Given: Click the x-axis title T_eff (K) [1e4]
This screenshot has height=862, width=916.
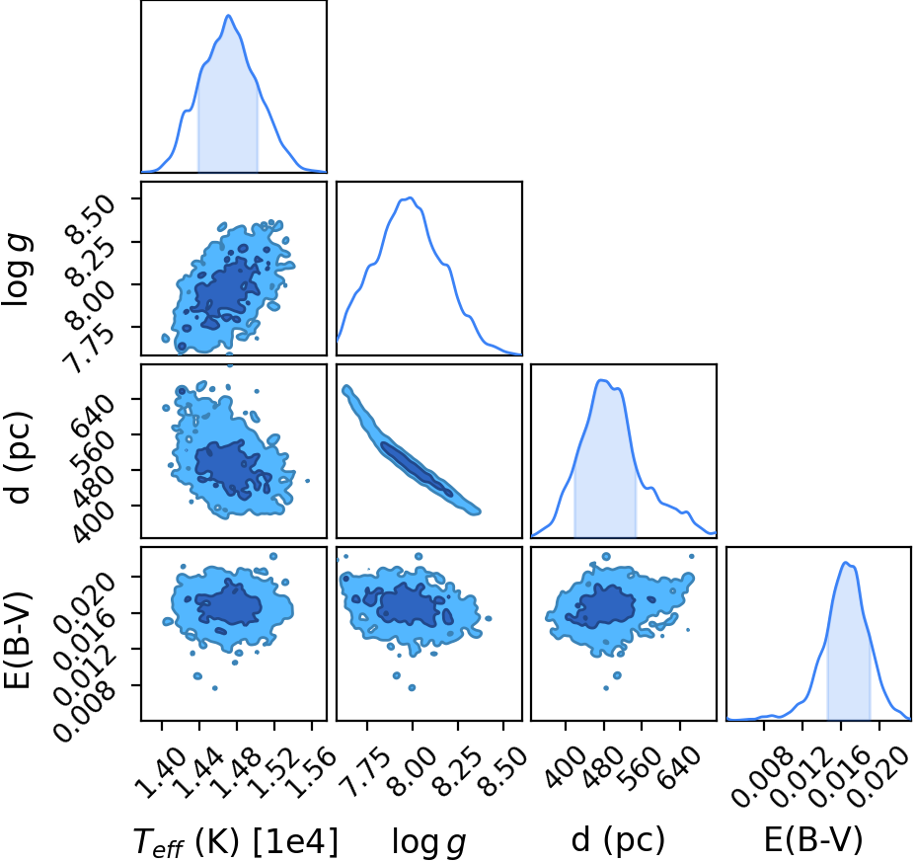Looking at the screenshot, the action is tap(236, 841).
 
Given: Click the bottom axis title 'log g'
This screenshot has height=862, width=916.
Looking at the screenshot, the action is tap(428, 842).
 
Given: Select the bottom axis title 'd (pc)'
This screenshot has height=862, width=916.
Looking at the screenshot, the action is tap(618, 840).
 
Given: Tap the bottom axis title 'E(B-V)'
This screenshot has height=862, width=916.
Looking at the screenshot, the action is tap(813, 840).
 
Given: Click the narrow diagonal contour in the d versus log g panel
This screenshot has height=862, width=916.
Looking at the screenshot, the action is tap(412, 449).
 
